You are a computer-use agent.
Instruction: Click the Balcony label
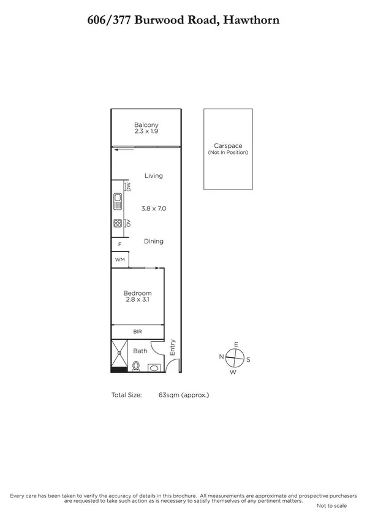[x=146, y=125]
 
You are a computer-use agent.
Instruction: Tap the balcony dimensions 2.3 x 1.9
[x=146, y=131]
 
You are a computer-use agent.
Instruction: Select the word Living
[x=153, y=176]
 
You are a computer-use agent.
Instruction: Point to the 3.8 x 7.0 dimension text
[x=153, y=208]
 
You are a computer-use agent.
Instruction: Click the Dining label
[x=153, y=242]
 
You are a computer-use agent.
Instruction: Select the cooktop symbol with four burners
[x=118, y=224]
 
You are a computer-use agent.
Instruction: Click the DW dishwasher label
[x=127, y=186]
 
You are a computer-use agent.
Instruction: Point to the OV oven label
[x=127, y=224]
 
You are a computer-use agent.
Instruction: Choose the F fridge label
[x=119, y=245]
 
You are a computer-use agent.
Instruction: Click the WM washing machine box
[x=120, y=260]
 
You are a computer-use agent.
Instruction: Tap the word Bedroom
[x=137, y=293]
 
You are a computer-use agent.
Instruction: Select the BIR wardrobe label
[x=137, y=332]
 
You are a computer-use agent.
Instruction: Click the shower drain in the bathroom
[x=118, y=353]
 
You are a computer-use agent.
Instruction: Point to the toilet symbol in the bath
[x=136, y=365]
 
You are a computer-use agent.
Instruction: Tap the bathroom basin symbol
[x=154, y=368]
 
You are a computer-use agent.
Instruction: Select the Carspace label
[x=227, y=146]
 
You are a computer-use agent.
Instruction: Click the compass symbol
[x=234, y=356]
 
